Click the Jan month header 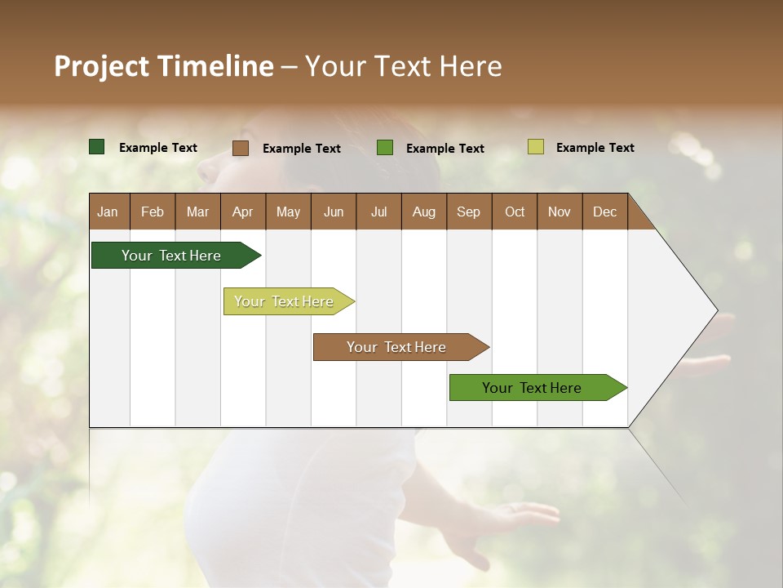[x=108, y=212]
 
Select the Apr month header [x=243, y=212]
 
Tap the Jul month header [x=378, y=212]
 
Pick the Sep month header [x=468, y=212]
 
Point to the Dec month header [x=604, y=212]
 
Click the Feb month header [x=153, y=212]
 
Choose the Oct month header [x=515, y=212]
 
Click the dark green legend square [x=97, y=147]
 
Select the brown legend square [x=241, y=148]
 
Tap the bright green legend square [x=385, y=148]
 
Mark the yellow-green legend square [x=536, y=147]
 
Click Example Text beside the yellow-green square [x=595, y=148]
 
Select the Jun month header [x=334, y=212]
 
